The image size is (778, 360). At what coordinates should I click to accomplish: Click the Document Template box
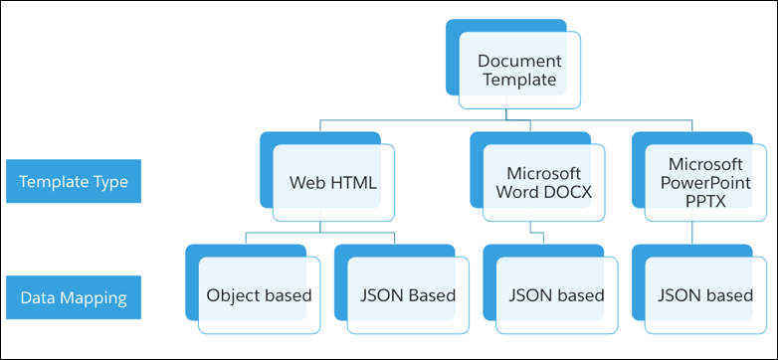pos(519,70)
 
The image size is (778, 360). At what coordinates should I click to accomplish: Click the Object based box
pos(259,295)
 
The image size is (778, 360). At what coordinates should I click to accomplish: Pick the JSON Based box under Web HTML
pos(408,295)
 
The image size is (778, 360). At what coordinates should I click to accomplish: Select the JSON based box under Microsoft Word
pos(556,295)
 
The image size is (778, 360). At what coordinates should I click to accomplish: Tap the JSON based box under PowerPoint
pos(705,295)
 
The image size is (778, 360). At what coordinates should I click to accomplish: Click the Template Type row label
pos(73,182)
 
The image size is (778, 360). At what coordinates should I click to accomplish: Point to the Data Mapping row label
pos(73,295)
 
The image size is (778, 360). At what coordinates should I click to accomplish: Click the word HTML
pos(353,183)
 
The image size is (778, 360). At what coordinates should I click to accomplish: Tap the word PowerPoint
pos(705,183)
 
